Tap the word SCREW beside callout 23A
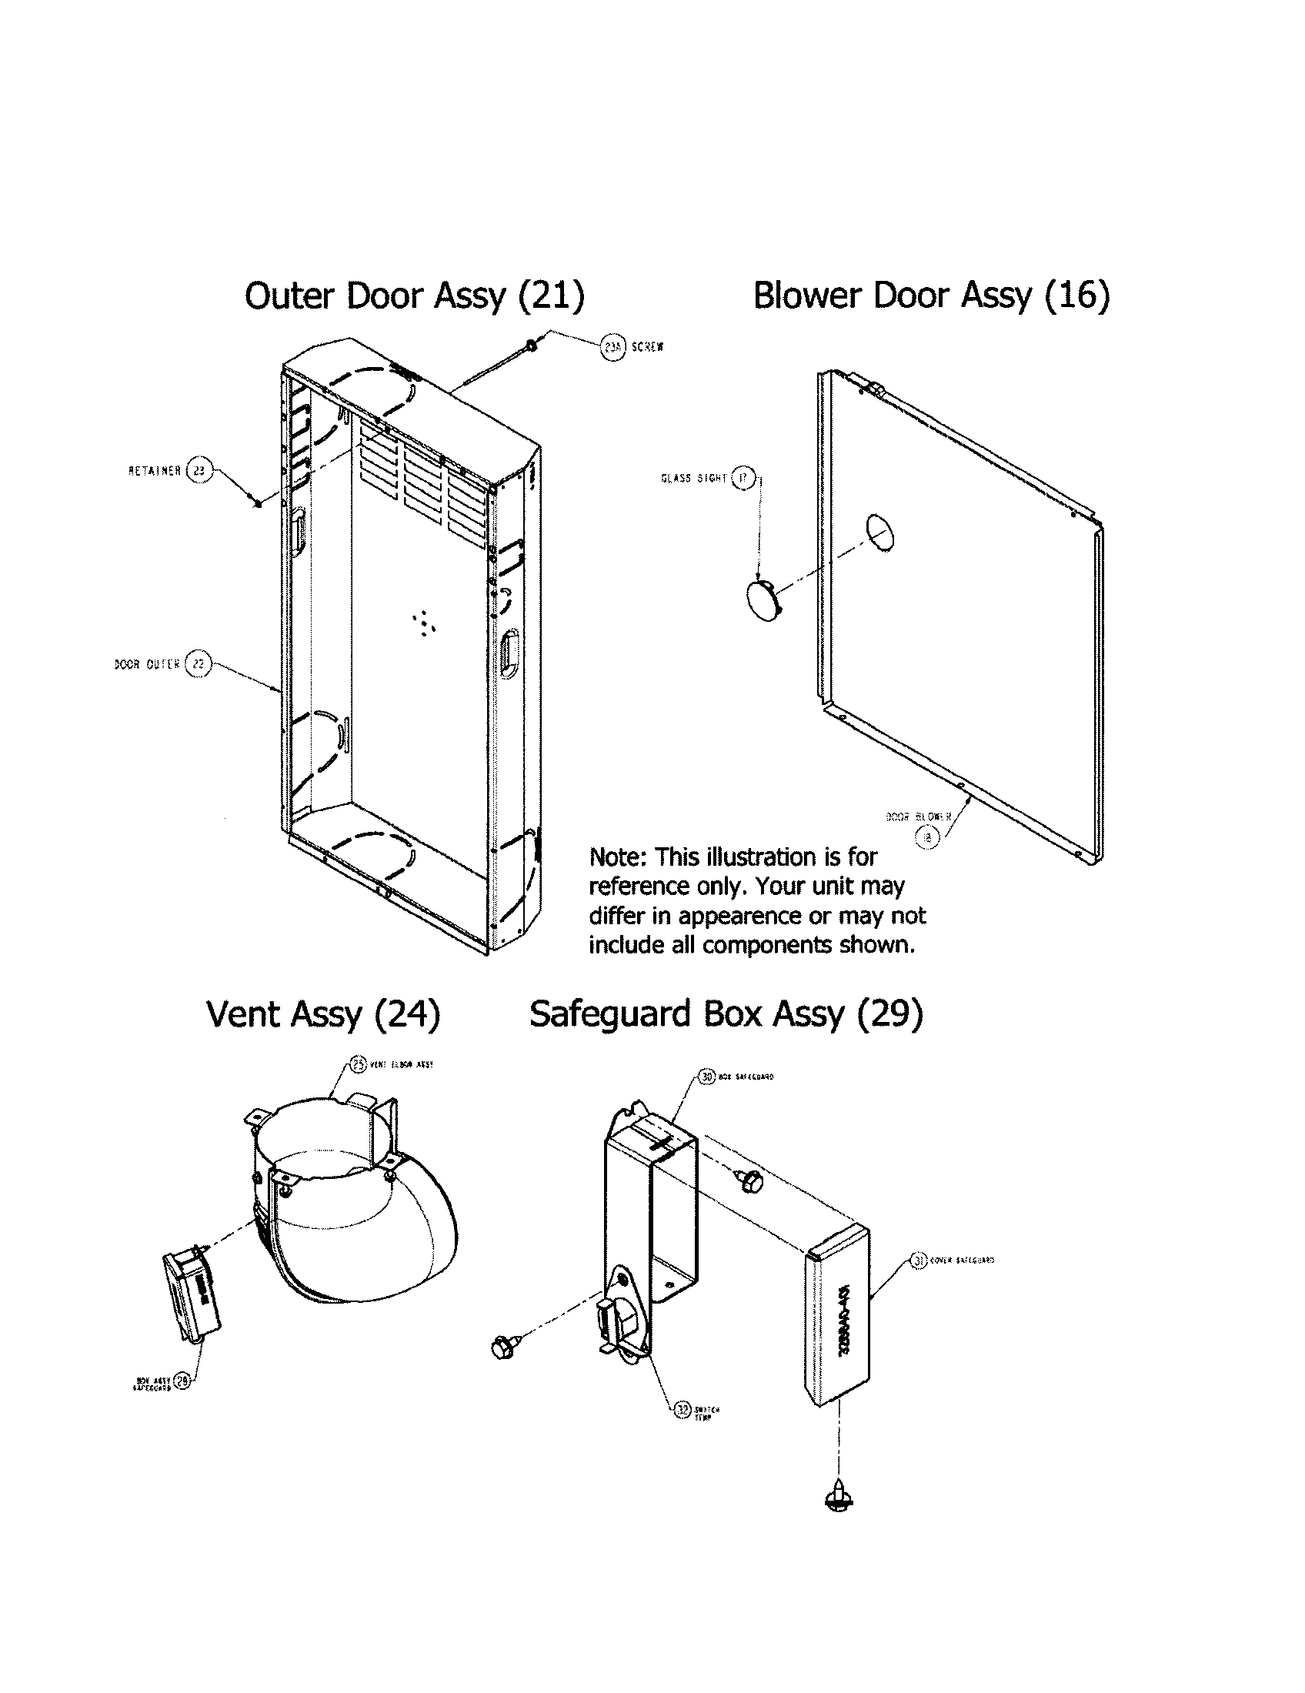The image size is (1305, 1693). click(647, 348)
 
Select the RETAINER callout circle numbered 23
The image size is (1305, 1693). click(199, 470)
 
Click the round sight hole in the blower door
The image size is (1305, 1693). click(879, 532)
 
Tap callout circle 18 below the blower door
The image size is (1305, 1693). click(927, 836)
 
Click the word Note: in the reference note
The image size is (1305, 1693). click(619, 857)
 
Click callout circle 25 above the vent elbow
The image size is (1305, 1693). click(358, 1064)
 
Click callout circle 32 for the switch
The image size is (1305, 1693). click(682, 1410)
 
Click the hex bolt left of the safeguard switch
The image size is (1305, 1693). click(503, 1347)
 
